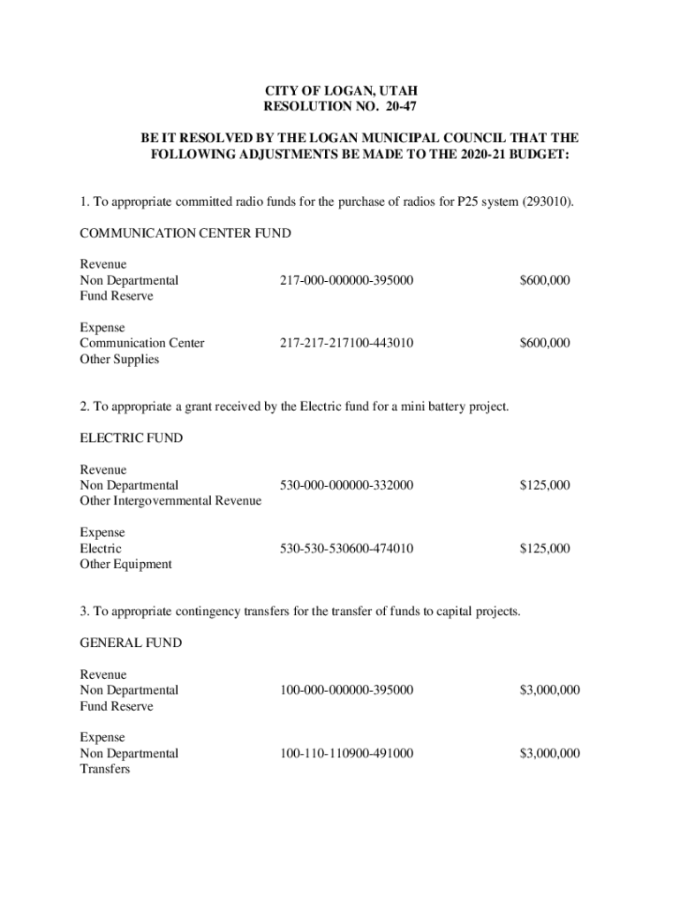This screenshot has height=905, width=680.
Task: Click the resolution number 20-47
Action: point(398,107)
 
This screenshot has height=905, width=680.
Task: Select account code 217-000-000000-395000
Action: point(346,280)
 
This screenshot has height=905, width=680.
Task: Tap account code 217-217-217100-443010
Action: point(346,343)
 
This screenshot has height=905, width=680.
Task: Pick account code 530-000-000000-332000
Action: point(346,485)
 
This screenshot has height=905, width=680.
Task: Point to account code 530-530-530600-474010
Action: point(346,549)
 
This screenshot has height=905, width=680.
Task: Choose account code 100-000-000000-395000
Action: point(346,689)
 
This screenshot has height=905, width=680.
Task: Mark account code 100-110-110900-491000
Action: point(346,753)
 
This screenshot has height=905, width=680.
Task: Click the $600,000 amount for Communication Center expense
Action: point(544,343)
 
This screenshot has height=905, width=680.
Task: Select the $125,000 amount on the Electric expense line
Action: point(544,549)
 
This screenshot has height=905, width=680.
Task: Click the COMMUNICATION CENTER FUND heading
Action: point(185,233)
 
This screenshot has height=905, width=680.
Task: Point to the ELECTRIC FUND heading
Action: point(131,437)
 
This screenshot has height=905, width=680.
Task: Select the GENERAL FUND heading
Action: point(131,643)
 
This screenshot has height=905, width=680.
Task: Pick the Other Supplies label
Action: point(119,359)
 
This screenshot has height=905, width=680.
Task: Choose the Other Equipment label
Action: point(125,564)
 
